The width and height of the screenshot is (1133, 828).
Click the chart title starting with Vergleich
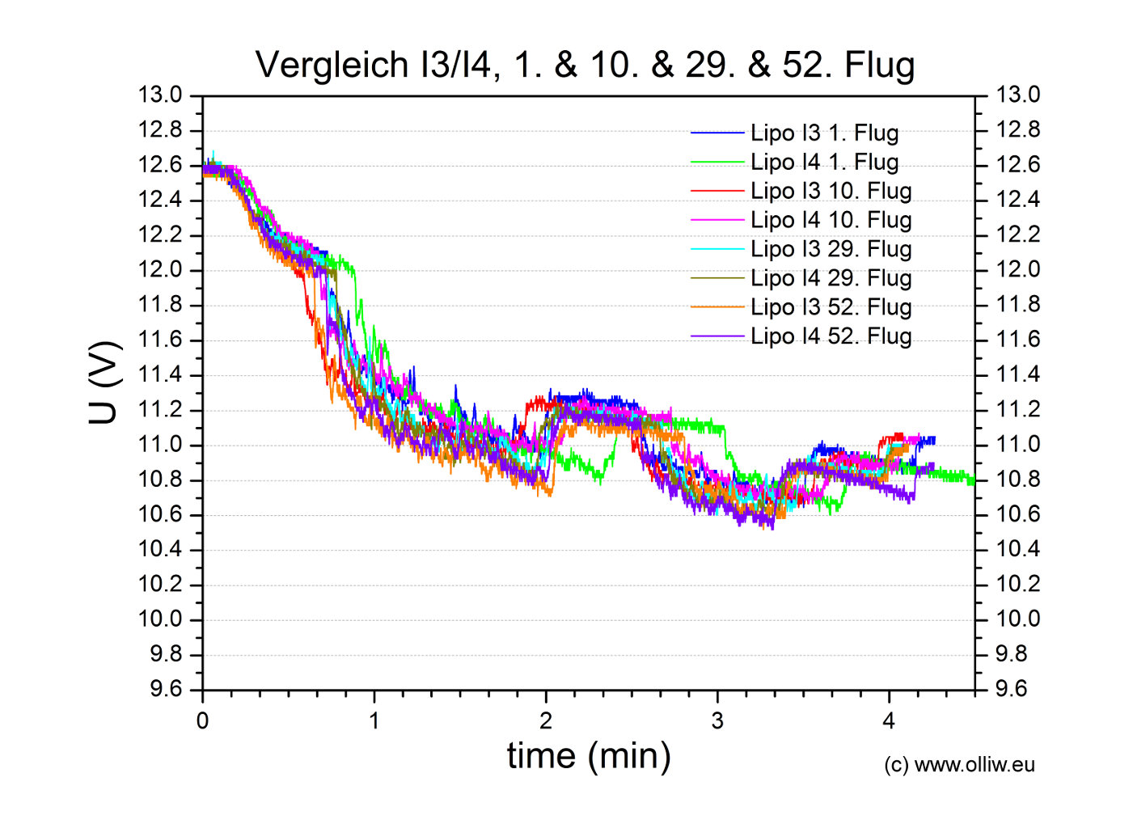click(585, 65)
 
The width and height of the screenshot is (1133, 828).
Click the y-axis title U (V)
click(105, 382)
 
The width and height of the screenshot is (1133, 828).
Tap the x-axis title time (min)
click(589, 755)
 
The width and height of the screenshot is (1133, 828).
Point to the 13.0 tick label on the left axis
click(160, 95)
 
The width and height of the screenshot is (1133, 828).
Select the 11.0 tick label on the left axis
click(160, 445)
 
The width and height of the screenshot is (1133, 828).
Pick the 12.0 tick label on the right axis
click(1017, 270)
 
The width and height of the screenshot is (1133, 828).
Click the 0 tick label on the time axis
click(202, 720)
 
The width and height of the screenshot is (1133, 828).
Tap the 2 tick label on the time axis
click(546, 720)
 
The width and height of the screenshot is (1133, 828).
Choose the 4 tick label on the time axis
click(889, 720)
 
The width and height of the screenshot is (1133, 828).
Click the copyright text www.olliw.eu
click(959, 765)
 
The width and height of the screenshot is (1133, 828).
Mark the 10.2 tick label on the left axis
click(160, 585)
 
